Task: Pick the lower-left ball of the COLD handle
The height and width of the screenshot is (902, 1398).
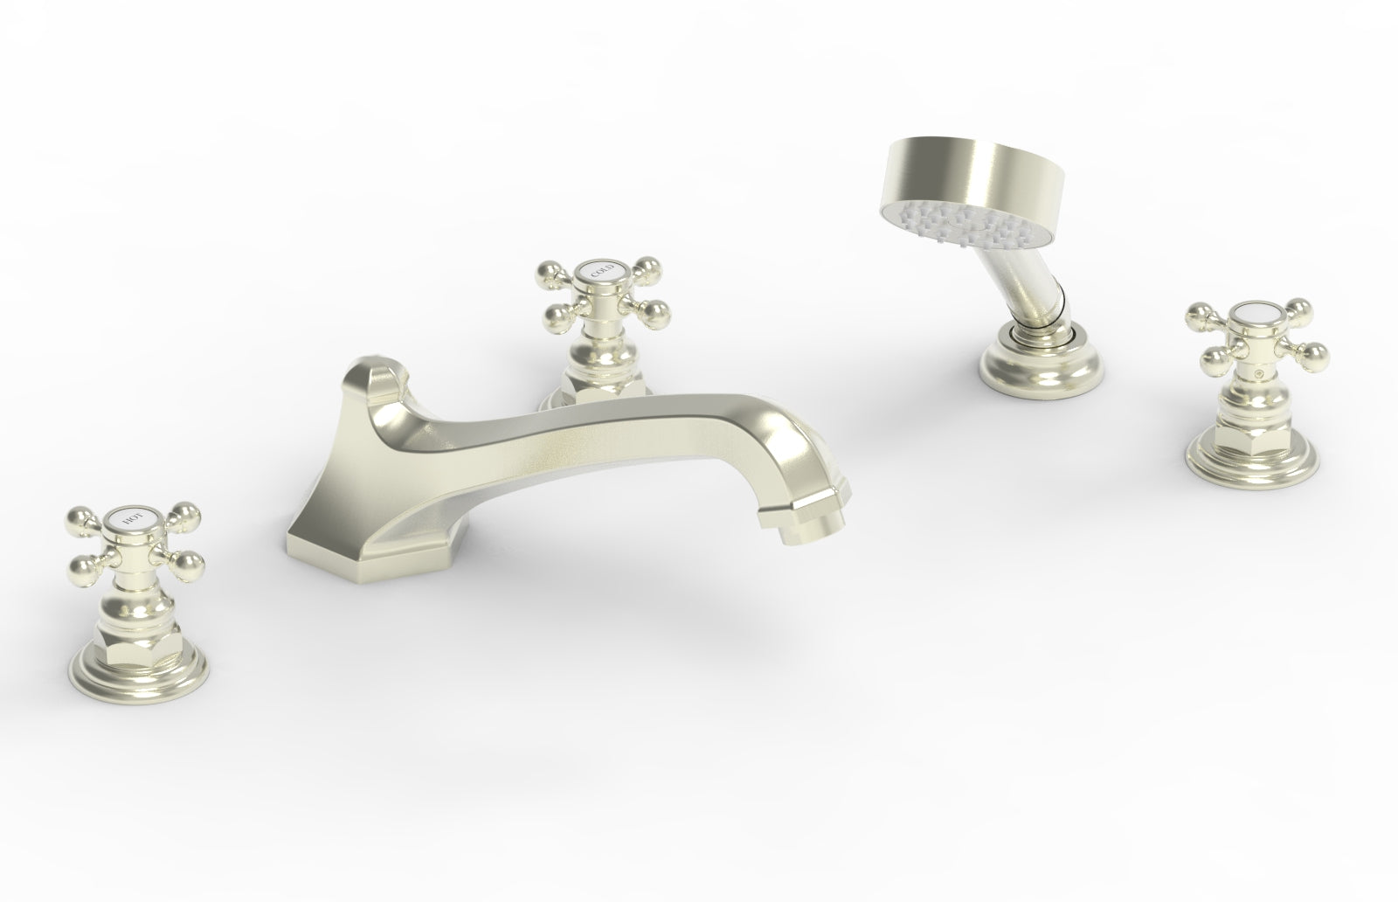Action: point(552,311)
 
